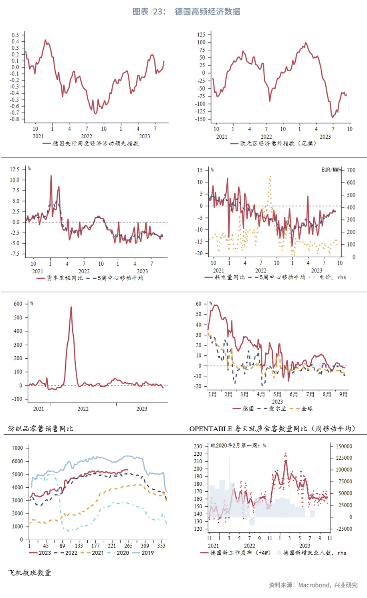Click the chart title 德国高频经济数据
207,12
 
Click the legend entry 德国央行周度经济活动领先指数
95,143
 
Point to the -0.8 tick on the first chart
15,119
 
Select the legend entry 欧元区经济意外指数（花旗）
278,143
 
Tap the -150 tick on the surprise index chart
201,119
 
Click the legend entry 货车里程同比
65,278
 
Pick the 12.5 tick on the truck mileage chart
14,169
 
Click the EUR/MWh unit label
331,170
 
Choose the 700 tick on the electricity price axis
351,170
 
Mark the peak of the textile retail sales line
71,307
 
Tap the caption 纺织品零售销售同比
40,428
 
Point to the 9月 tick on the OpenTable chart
343,394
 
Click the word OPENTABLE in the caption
211,429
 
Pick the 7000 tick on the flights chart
18,448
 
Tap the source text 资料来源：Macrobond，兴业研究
313,585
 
